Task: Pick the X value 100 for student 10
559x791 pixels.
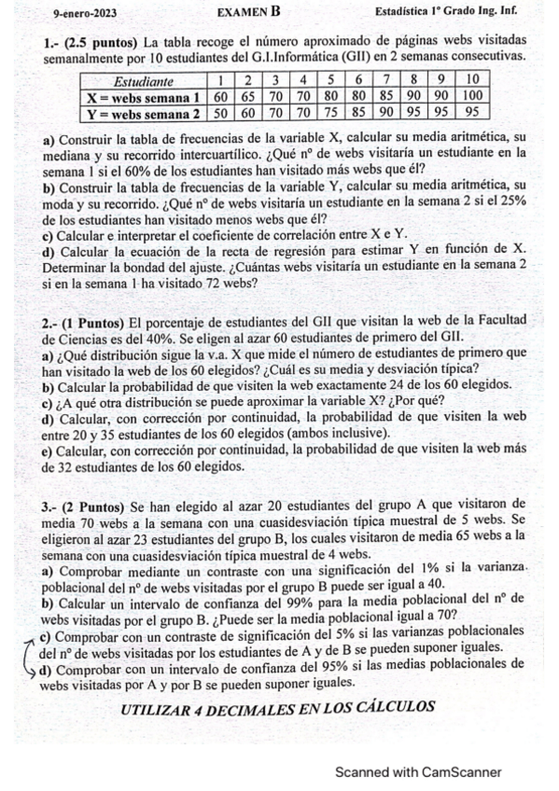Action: pos(472,96)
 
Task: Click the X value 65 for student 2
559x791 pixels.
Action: pos(248,96)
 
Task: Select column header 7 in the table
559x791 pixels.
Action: pos(384,80)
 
